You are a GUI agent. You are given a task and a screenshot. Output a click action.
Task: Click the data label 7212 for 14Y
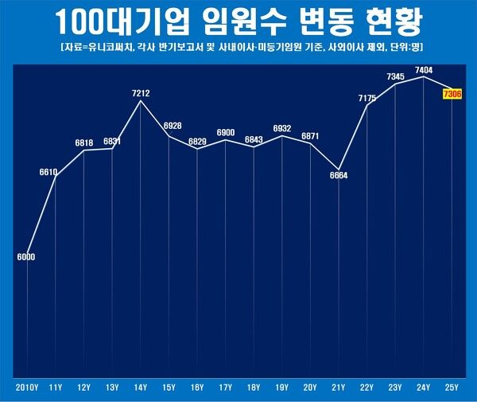(x=141, y=93)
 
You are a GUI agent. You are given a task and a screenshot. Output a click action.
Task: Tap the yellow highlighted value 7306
(x=452, y=95)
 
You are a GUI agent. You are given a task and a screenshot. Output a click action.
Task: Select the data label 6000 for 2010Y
(x=26, y=257)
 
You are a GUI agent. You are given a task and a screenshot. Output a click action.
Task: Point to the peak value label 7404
(x=424, y=71)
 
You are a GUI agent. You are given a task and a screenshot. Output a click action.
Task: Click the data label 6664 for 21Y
(x=339, y=175)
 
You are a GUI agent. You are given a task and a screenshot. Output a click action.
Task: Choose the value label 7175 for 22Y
(x=367, y=98)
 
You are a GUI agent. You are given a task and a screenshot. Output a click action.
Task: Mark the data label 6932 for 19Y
(x=282, y=128)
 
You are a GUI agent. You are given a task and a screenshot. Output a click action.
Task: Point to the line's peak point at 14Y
(x=141, y=101)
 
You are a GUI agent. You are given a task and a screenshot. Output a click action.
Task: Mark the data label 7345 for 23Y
(x=396, y=76)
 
